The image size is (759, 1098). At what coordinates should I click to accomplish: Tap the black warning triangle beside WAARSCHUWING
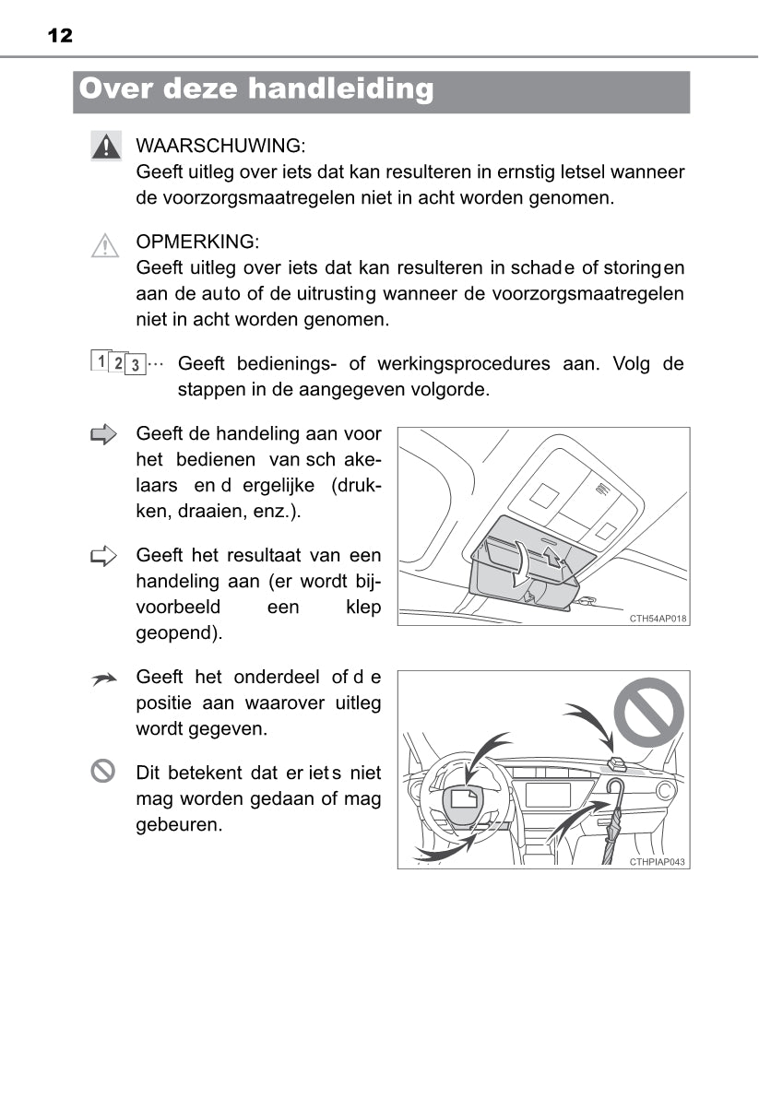106,146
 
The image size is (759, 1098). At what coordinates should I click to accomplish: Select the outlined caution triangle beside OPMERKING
106,244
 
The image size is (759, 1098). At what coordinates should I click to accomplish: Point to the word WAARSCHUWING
219,146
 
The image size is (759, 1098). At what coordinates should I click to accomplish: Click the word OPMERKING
197,242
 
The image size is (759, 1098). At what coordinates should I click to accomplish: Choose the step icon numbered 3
135,365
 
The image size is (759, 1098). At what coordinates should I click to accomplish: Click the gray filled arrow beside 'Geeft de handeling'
105,434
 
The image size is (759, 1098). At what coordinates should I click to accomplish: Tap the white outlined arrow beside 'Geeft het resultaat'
105,555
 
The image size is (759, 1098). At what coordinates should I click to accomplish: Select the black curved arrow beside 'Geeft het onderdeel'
105,679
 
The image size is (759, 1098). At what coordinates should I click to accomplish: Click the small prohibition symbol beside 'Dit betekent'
104,771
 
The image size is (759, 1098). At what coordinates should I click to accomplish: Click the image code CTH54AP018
658,619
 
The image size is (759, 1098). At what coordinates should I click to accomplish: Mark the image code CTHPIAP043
658,862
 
